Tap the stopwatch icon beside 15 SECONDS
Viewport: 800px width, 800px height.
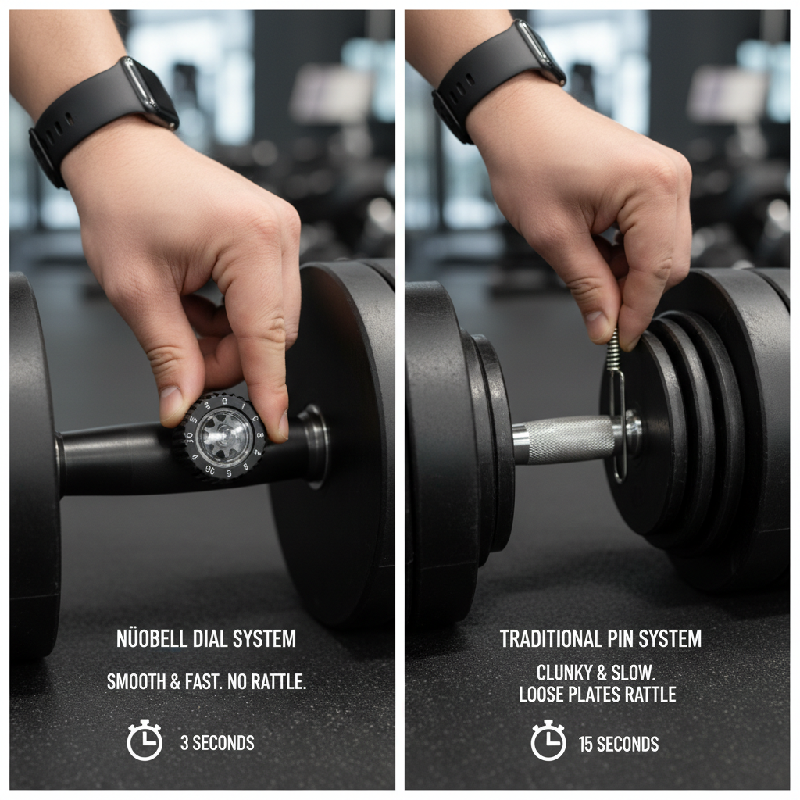(548, 740)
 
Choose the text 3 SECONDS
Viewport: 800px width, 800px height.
(217, 743)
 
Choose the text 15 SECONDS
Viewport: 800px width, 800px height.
(619, 745)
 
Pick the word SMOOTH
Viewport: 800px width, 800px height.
(136, 681)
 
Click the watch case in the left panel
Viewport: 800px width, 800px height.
(149, 92)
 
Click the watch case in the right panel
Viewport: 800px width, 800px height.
(540, 51)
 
